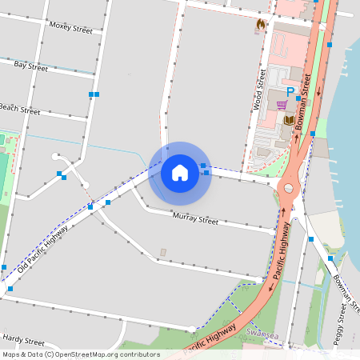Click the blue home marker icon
pos(180,172)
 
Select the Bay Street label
pos(30,66)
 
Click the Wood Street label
pos(258,89)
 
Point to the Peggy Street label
pos(343,329)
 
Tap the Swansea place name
pos(262,332)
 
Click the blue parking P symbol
pos(290,92)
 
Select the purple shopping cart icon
pos(282,105)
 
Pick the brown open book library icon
pos(290,120)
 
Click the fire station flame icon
pos(260,25)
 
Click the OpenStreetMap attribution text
pos(81,354)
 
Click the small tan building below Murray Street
pos(163,253)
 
